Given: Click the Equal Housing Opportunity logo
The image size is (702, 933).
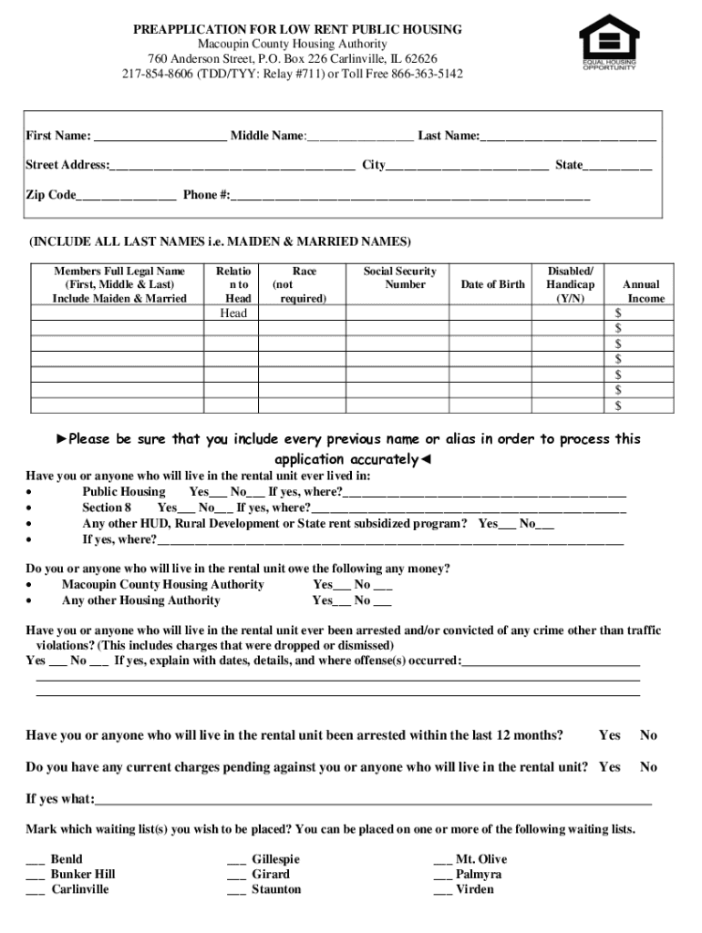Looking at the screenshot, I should (609, 41).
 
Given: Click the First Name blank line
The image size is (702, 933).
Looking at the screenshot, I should (160, 138).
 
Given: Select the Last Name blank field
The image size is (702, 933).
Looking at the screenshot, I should (568, 138).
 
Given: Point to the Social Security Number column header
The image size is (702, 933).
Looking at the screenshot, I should (399, 278).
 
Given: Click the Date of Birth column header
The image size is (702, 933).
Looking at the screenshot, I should (492, 284).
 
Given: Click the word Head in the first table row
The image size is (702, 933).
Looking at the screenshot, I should (233, 313).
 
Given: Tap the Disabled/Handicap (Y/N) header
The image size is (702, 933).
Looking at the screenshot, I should (570, 284).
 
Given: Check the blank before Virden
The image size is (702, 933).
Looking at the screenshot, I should (442, 891).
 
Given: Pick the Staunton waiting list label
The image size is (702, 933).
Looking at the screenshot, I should (276, 889).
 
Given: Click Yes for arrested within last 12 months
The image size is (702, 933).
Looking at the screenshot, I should (609, 735).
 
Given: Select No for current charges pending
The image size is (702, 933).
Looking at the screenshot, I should (648, 767).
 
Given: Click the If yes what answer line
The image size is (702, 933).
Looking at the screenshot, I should (374, 801).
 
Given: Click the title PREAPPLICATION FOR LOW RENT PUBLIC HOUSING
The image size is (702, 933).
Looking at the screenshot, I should (297, 30).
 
